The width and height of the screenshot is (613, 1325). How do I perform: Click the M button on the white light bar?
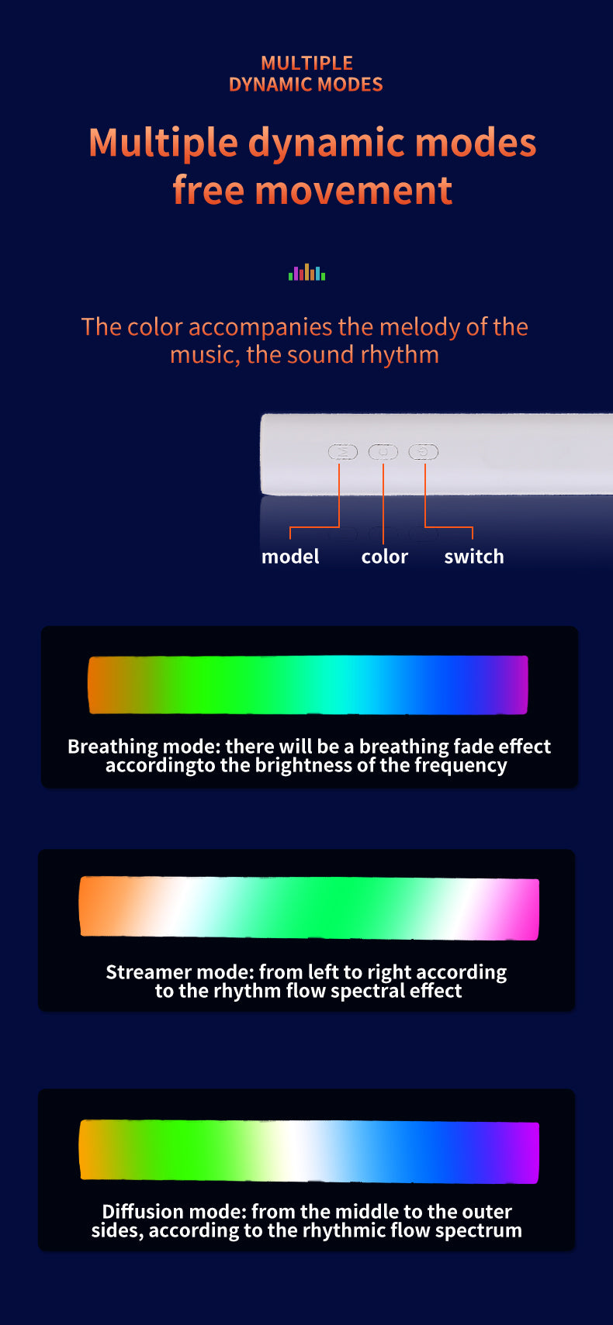click(x=343, y=452)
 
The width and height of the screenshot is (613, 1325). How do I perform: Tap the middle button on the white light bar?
click(x=383, y=452)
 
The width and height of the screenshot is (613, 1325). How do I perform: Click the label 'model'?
click(x=290, y=556)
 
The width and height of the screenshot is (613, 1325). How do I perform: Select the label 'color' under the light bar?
click(x=384, y=556)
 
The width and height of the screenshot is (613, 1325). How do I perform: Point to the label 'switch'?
click(x=474, y=556)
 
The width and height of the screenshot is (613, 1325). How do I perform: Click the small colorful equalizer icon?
click(x=306, y=272)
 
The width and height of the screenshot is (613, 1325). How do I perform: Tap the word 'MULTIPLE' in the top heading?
click(x=306, y=63)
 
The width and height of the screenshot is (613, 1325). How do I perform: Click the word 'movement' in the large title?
click(x=354, y=191)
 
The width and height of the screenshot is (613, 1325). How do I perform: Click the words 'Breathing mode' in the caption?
click(x=144, y=747)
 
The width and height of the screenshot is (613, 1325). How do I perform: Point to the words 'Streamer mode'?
click(x=180, y=972)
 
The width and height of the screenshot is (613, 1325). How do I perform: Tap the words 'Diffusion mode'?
click(x=174, y=1212)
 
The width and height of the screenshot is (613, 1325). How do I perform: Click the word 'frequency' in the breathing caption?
click(x=461, y=765)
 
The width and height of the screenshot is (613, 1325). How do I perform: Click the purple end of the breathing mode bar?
click(x=515, y=685)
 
